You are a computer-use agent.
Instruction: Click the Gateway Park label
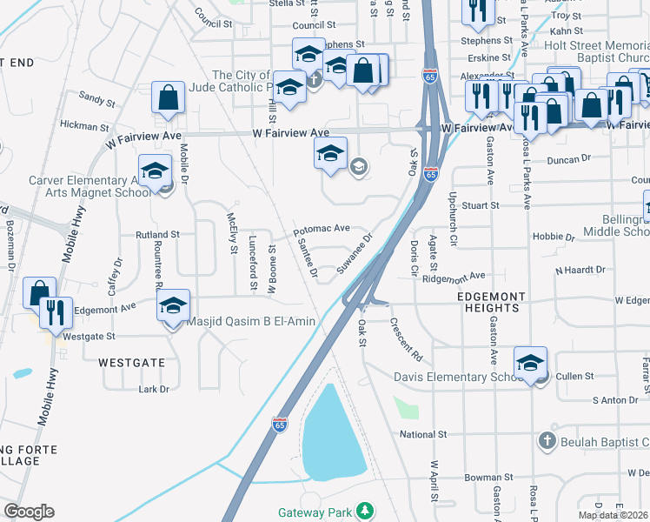click(x=315, y=512)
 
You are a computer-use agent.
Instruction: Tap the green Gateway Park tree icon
click(x=367, y=509)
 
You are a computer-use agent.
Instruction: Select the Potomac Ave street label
click(x=322, y=229)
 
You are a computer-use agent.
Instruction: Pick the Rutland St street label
click(x=156, y=235)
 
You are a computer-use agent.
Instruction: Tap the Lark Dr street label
click(x=154, y=389)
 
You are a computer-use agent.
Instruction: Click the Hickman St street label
click(x=84, y=126)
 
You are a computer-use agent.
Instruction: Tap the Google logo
click(x=29, y=512)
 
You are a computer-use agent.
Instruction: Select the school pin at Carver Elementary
click(x=155, y=170)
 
